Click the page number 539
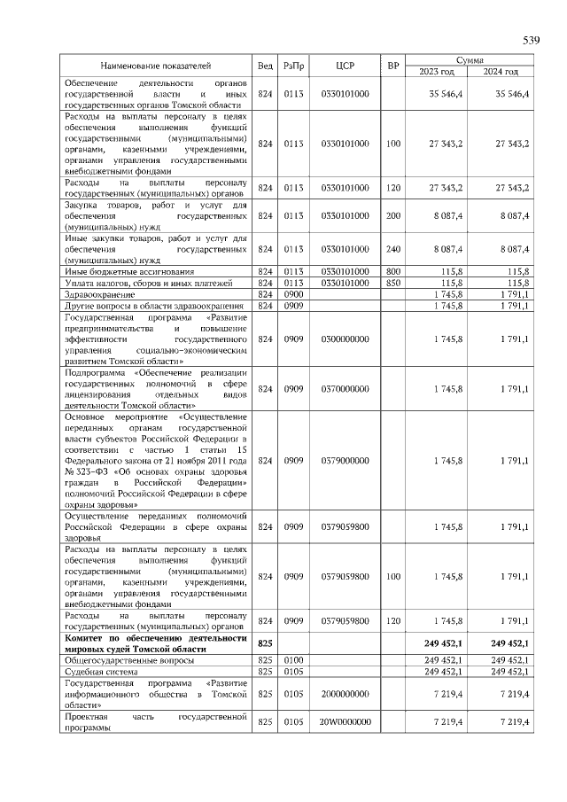coord(531,41)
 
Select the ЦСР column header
coord(346,66)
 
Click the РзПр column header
coord(293,66)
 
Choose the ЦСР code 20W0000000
coord(346,723)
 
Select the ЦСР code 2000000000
coord(346,695)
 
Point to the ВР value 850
coord(393,283)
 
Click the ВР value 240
coord(393,249)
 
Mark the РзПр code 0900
coord(293,294)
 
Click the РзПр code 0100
coord(293,660)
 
